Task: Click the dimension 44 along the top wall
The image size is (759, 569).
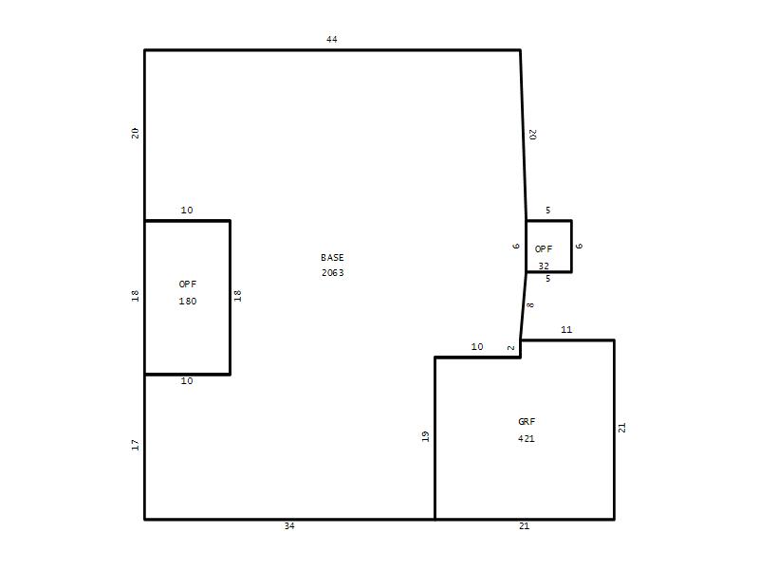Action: pos(331,39)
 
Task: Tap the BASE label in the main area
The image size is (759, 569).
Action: pos(332,257)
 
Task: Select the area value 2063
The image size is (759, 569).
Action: pos(333,273)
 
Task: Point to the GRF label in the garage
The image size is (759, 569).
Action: pos(527,421)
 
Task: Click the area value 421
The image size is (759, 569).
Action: pos(527,438)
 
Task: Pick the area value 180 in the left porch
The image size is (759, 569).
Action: pos(188,301)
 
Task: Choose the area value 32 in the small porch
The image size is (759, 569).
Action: pos(544,266)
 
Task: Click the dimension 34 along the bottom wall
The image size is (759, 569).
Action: pos(289,525)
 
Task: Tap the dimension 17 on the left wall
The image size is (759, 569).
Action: pos(135,445)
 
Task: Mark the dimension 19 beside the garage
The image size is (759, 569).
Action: pos(425,436)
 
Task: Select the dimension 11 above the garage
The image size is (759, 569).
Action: pos(566,329)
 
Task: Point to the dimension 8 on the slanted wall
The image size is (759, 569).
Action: pos(530,305)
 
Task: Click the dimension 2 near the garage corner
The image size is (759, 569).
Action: pos(511,347)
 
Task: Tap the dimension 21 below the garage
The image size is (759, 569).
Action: pos(525,525)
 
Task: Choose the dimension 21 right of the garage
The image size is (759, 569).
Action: pos(622,428)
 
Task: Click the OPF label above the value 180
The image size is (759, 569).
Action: pos(188,284)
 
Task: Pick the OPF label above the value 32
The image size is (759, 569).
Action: pos(544,248)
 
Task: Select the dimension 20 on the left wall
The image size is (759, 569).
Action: pos(135,133)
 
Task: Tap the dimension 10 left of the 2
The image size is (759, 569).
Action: pos(477,346)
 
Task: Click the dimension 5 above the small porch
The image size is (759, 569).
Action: pos(548,210)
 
